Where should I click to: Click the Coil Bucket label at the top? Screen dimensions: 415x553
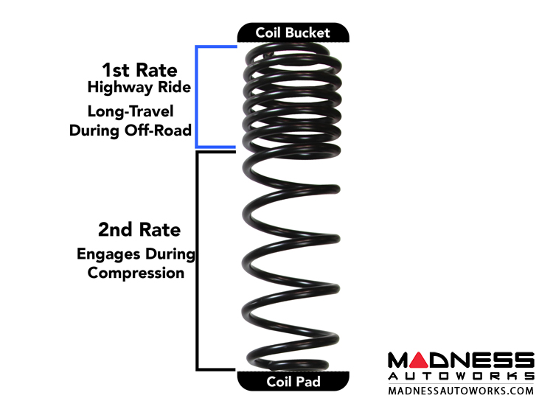click(293, 32)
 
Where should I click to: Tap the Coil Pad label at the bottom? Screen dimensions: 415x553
click(293, 382)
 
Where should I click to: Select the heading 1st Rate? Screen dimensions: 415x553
click(139, 70)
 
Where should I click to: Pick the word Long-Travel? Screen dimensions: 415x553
click(130, 112)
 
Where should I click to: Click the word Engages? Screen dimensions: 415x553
click(107, 254)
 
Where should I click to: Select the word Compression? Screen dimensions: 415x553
click(136, 273)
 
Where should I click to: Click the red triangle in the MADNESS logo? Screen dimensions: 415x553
click(417, 361)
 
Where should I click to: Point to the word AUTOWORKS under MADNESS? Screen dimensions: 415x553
click(461, 376)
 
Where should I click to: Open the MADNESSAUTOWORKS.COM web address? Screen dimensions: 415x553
click(461, 390)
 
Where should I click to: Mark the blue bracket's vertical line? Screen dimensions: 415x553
click(196, 97)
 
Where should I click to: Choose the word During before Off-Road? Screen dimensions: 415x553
click(97, 130)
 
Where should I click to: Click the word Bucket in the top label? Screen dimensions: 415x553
click(311, 32)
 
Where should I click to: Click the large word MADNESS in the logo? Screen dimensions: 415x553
click(461, 360)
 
